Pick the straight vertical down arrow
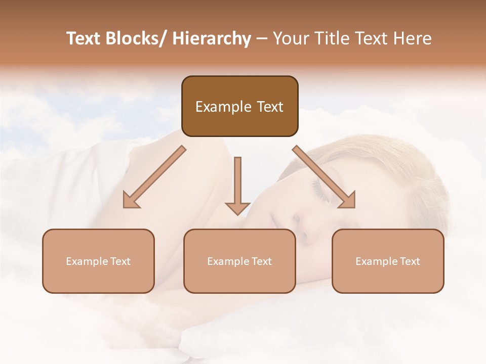237,185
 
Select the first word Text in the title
85,38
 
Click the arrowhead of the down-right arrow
347,200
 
